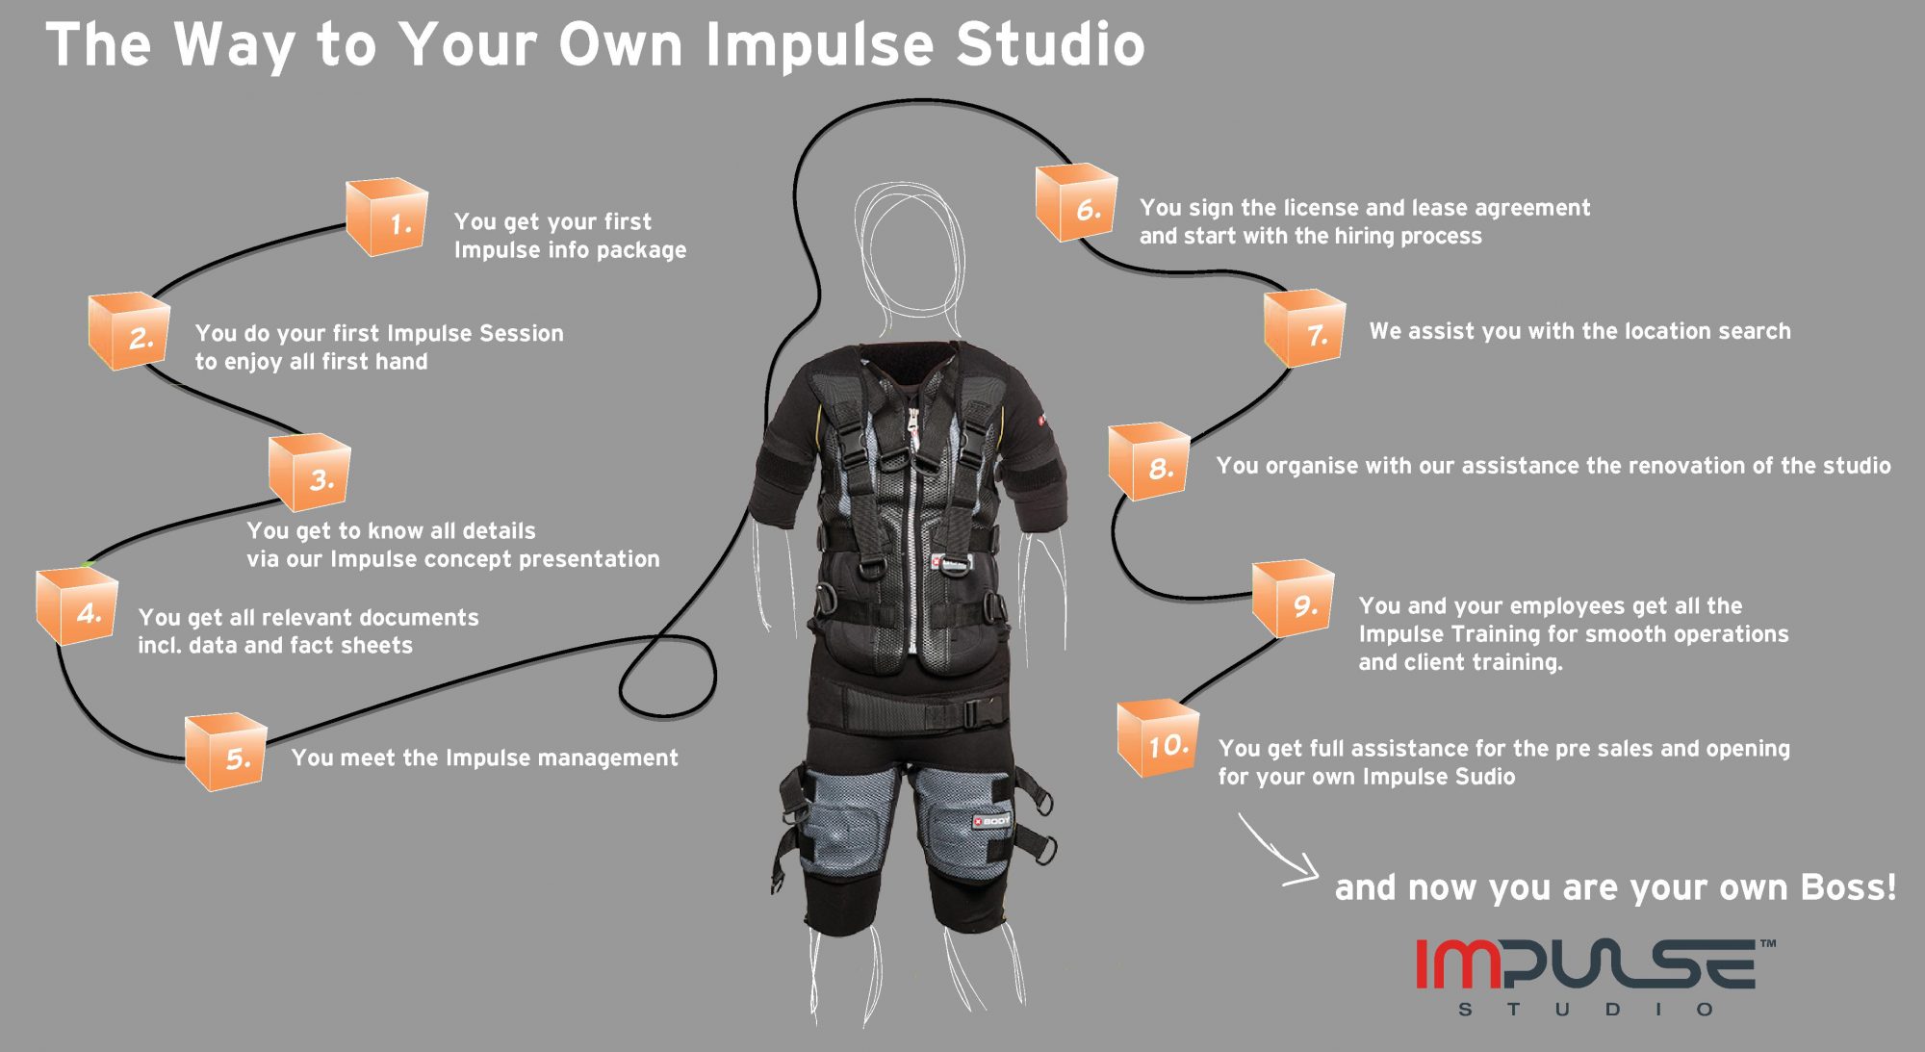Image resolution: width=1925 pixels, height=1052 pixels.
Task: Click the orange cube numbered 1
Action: click(x=386, y=217)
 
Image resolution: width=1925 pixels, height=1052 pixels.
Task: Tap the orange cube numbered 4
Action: click(x=77, y=606)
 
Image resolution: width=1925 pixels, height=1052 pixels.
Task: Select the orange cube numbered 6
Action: click(x=1076, y=202)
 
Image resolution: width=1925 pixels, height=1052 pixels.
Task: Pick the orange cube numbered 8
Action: click(x=1149, y=461)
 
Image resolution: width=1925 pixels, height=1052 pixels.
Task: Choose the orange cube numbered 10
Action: click(x=1158, y=739)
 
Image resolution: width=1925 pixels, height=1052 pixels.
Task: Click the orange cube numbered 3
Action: click(x=309, y=473)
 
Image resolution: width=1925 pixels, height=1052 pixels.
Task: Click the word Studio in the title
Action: click(x=1050, y=44)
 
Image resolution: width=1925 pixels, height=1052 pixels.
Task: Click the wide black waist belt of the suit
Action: click(x=905, y=708)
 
